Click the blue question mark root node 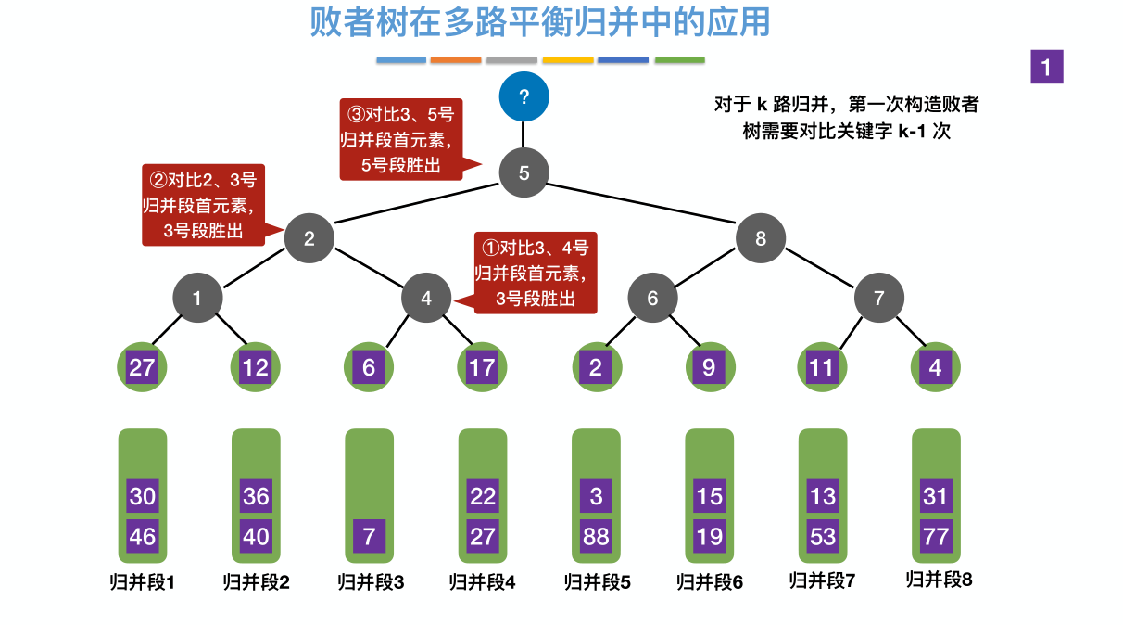[x=524, y=96]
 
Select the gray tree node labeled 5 [x=524, y=172]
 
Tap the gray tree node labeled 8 [x=761, y=238]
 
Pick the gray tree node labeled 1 [x=196, y=299]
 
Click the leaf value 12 [x=255, y=367]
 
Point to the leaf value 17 [x=482, y=367]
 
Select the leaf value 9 [x=709, y=367]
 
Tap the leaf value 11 [x=822, y=367]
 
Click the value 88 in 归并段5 [x=596, y=536]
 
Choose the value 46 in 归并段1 [x=143, y=536]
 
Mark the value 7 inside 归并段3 [x=369, y=536]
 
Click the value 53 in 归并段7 [x=823, y=536]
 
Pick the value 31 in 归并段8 [x=936, y=496]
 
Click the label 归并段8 [x=939, y=580]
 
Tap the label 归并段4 [x=482, y=582]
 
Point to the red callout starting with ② [x=203, y=205]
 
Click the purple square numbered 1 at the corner [x=1046, y=67]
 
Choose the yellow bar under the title [x=567, y=60]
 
